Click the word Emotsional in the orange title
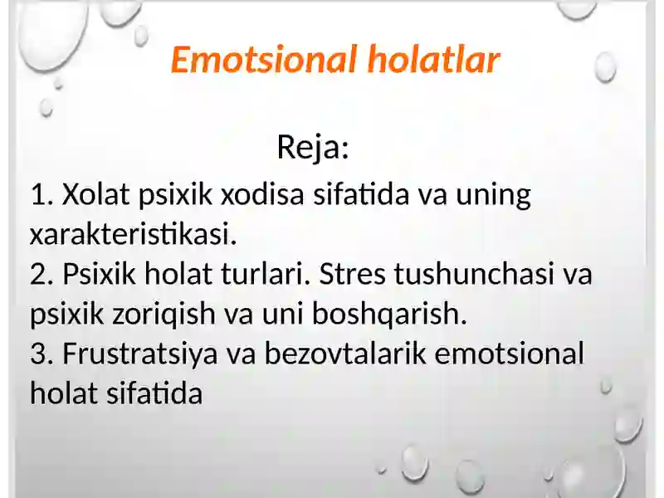click(x=263, y=60)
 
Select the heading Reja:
click(x=313, y=148)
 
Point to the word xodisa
click(x=262, y=194)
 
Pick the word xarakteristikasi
click(x=133, y=234)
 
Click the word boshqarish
click(x=389, y=314)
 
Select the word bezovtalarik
click(x=345, y=354)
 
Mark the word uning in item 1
click(x=493, y=195)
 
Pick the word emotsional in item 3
click(x=509, y=354)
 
